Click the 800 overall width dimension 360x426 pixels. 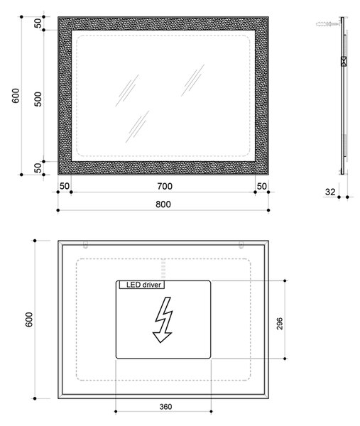pos(163,204)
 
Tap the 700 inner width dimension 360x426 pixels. pos(165,186)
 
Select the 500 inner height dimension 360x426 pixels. pos(38,99)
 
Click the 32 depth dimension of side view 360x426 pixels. pos(330,192)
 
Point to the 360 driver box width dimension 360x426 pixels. pos(165,407)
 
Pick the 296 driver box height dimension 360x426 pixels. pos(280,324)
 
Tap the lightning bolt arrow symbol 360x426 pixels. pos(163,319)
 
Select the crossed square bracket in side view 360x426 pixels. pos(344,61)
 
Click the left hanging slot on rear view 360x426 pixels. pos(86,245)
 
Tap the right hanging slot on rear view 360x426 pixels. pos(241,245)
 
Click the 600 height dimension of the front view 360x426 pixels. pos(16,96)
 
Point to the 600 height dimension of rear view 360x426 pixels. pos(29,319)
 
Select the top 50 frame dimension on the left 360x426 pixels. pos(38,23)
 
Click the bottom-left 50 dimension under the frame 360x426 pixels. pos(65,186)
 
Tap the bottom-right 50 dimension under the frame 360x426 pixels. pos(261,186)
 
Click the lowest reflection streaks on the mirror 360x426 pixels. pos(137,126)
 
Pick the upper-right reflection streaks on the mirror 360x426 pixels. pos(193,80)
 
